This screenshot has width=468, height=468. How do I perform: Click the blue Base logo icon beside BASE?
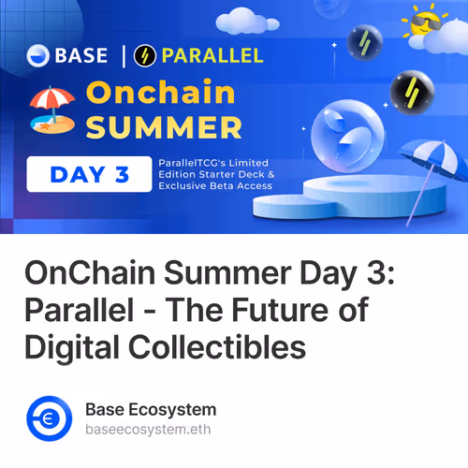click(x=39, y=55)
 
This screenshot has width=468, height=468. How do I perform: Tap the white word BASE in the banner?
click(x=82, y=55)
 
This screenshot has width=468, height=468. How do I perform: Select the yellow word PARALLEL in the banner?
click(x=212, y=55)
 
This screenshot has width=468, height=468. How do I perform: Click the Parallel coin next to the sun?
click(x=363, y=41)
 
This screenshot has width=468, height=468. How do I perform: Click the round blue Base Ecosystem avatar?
click(x=50, y=418)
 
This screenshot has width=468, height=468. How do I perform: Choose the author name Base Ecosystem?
click(x=151, y=409)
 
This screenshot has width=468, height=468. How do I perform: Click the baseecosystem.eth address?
click(x=144, y=430)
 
